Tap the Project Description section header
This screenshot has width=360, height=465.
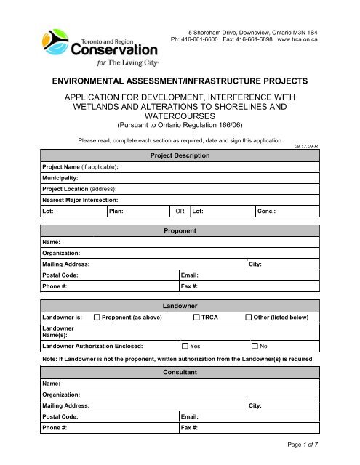(x=180, y=155)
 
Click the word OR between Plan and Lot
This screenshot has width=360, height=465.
(x=179, y=211)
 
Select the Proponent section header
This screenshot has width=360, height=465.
(x=179, y=230)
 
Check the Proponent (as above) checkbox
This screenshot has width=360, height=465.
(x=97, y=318)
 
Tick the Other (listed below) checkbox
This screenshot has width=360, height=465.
(x=249, y=318)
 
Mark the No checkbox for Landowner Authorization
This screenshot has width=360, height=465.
(x=255, y=347)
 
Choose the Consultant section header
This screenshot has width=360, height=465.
(x=179, y=372)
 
